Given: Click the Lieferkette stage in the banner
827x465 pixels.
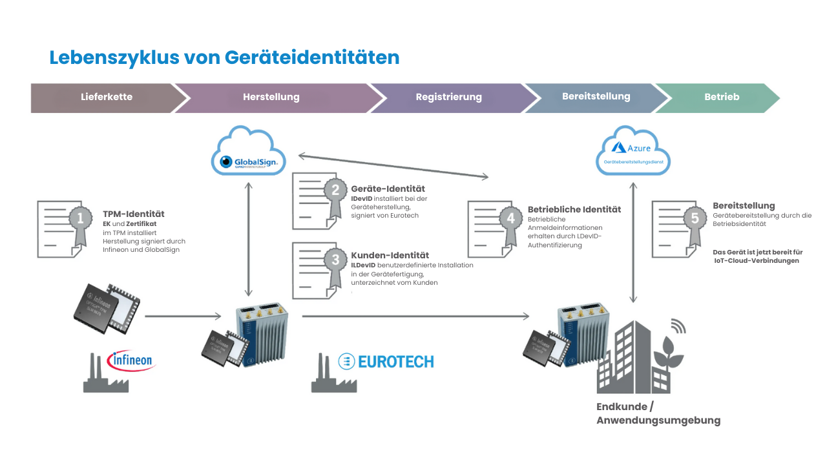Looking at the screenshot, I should [107, 97].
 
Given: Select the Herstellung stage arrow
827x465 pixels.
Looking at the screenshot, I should [271, 97].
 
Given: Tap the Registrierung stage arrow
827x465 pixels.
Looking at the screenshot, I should [448, 97].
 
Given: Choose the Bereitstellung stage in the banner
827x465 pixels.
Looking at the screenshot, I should [596, 96].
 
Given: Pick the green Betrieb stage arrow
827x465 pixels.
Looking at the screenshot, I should [722, 97].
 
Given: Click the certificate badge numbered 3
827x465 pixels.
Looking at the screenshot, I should [335, 261].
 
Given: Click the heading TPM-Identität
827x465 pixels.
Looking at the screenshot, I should [134, 214].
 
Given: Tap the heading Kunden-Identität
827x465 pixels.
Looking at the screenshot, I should [390, 255].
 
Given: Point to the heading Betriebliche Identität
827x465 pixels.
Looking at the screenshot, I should [574, 209].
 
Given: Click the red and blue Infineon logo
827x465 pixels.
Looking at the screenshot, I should [131, 360].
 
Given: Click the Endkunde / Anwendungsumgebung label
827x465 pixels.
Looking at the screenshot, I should [658, 413].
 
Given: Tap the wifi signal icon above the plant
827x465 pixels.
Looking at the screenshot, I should [678, 325].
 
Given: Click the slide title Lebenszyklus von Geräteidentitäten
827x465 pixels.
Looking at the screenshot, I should [224, 57].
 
